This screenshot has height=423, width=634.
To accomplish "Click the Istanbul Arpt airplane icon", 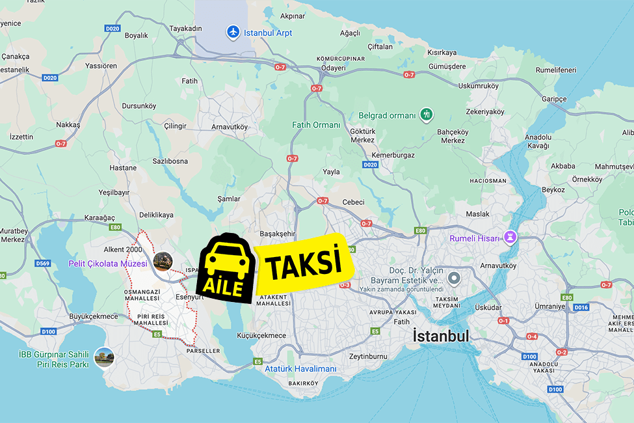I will (233, 31).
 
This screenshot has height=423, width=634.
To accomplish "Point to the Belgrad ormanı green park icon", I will (426, 115).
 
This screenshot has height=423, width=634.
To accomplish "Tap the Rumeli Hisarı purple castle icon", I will (510, 238).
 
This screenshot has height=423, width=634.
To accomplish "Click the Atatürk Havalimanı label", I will (301, 369).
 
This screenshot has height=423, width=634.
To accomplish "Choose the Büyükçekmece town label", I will (94, 316).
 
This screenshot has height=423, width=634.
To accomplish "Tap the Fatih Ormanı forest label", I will (316, 125).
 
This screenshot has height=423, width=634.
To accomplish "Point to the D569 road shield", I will (43, 264).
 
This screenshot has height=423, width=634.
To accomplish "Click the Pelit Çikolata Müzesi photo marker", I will (163, 262).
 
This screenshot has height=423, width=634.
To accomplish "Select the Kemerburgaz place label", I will (392, 155).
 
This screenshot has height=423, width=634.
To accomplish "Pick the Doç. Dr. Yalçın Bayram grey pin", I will (454, 279).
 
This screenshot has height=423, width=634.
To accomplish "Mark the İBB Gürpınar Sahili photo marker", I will (104, 357).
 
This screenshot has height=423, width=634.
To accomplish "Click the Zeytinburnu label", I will (368, 356).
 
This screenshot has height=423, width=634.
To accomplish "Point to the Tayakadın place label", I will (186, 29).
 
